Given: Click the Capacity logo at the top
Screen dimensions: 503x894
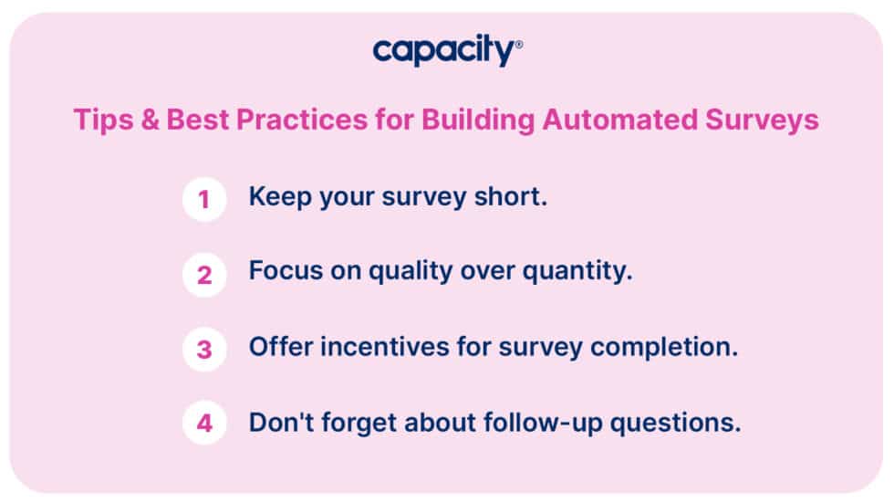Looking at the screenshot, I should click(447, 50).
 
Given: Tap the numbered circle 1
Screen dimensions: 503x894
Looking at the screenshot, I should click(204, 199).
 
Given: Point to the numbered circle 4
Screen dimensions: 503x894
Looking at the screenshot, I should click(204, 424).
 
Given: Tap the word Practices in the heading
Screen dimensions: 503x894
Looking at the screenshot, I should click(295, 121).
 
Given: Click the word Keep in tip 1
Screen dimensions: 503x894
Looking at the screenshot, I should click(278, 197).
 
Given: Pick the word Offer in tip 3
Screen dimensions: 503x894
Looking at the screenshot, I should click(279, 348).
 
